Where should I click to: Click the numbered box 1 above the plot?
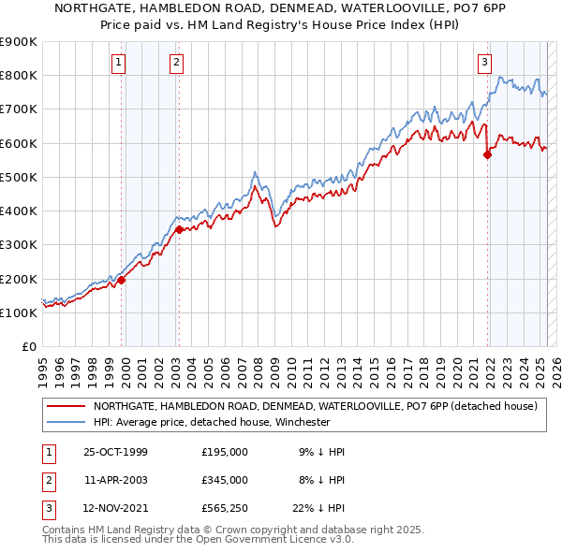coord(120,63)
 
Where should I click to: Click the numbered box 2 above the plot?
coord(176,63)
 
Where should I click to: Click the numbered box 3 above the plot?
coord(484,63)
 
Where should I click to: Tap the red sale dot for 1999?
coord(122,280)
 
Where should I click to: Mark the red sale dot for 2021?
coord(487,155)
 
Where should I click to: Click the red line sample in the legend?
coord(66,407)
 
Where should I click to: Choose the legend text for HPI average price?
coord(212,422)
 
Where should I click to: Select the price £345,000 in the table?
coord(225,480)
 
